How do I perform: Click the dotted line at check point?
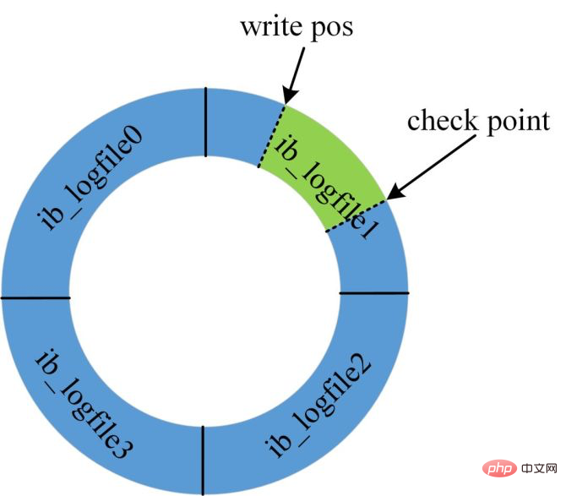(355, 215)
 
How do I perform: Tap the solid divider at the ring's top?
(204, 123)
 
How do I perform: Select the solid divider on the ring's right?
(373, 293)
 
